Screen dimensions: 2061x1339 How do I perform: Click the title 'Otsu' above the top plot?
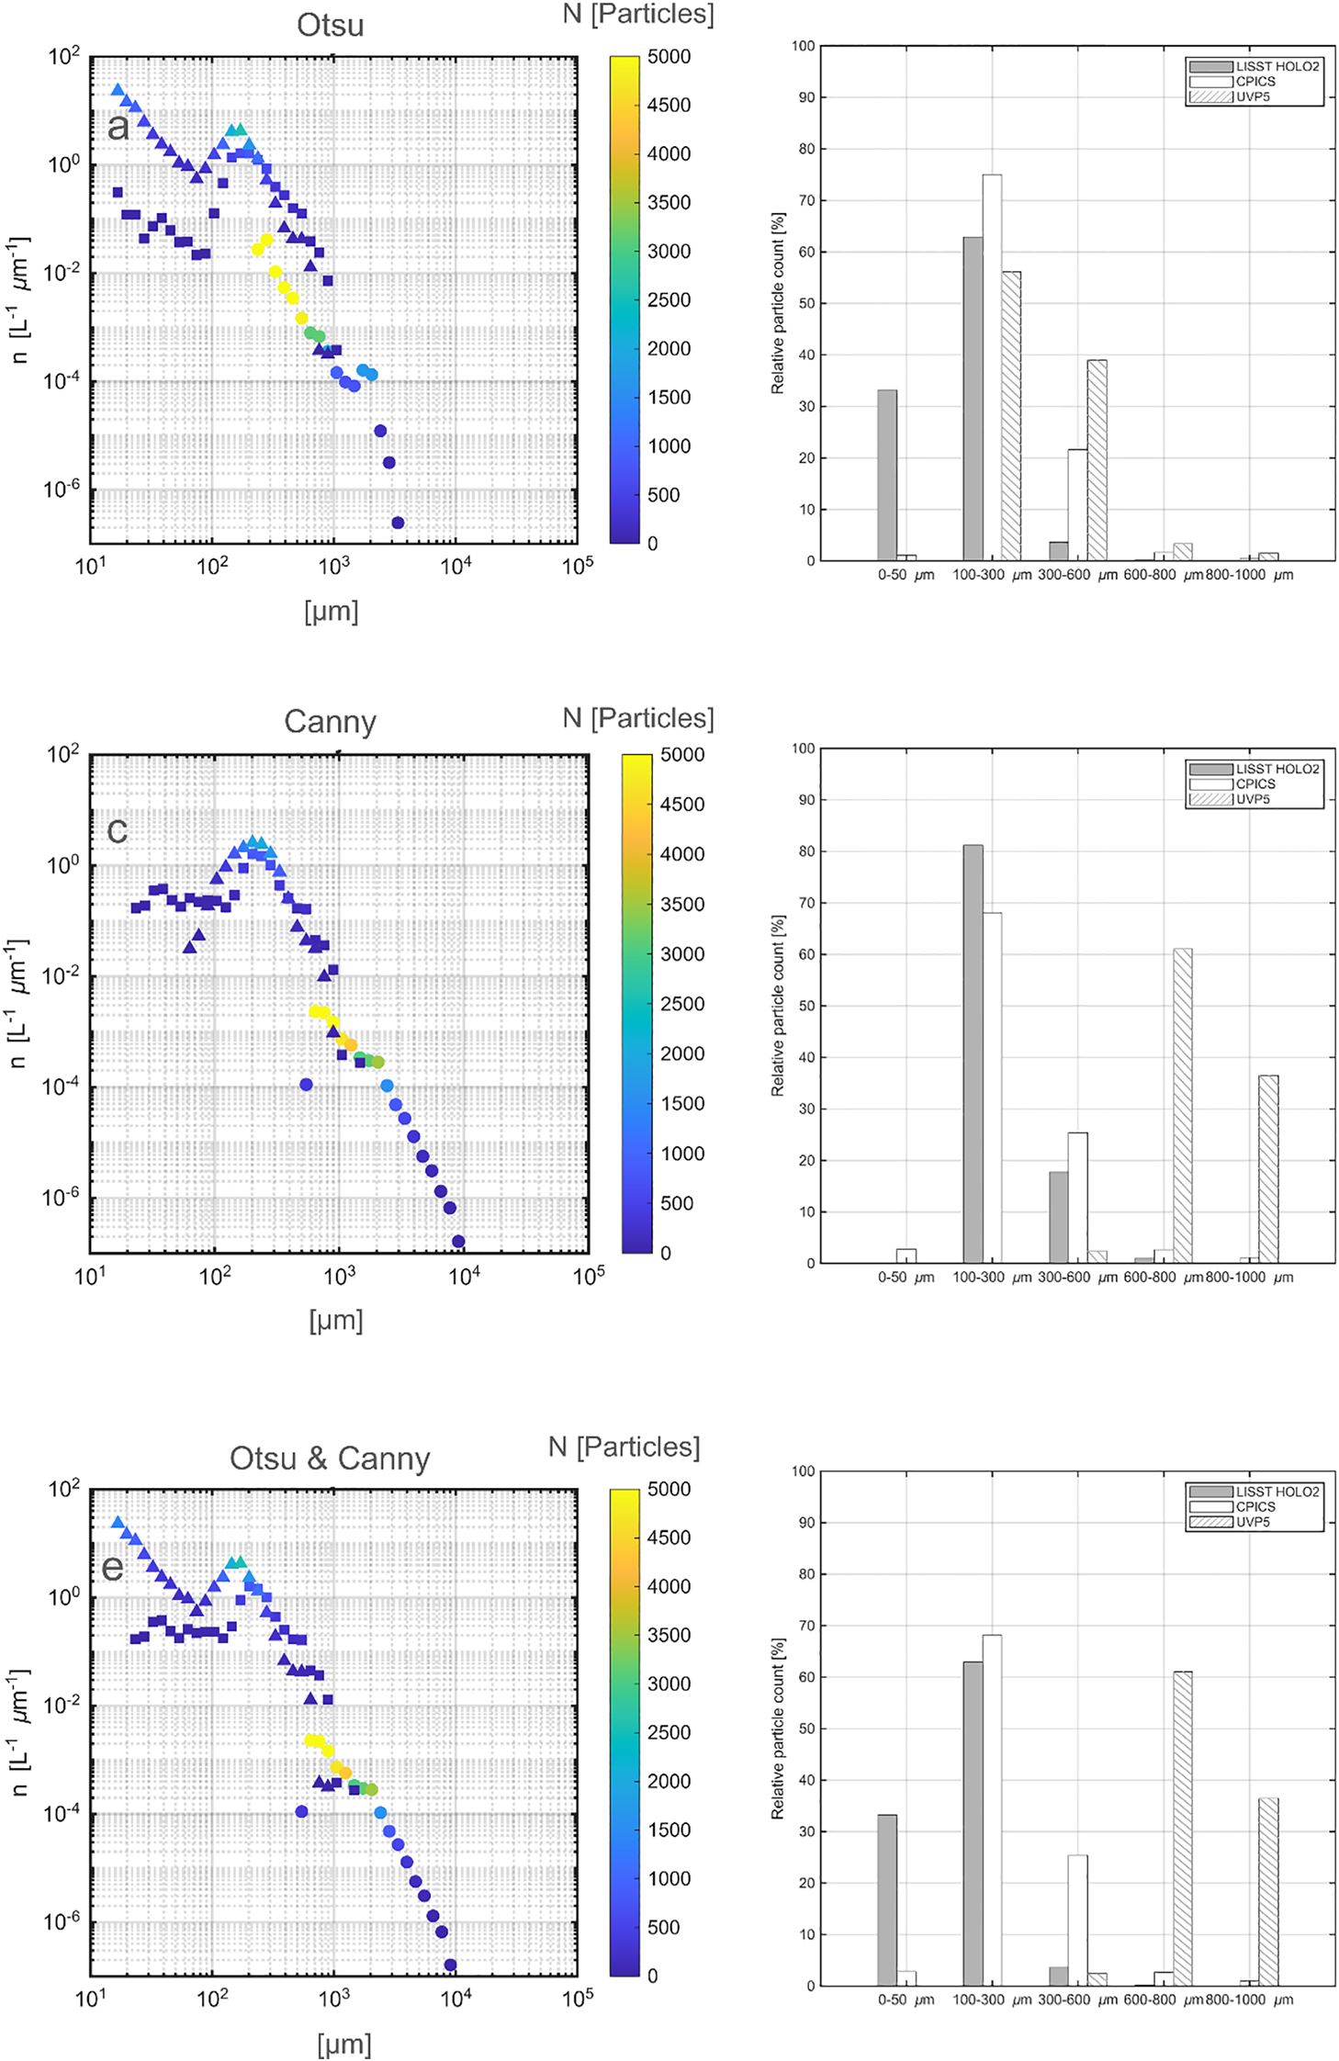330,25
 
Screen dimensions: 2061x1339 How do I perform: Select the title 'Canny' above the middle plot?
330,722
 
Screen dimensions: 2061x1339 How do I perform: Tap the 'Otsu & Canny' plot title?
330,1458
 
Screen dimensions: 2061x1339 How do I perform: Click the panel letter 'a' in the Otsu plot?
118,127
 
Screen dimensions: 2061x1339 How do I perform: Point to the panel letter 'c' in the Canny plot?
117,829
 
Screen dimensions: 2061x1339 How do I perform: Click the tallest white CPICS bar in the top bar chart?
992,367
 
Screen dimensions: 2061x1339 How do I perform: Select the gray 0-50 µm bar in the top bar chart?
887,475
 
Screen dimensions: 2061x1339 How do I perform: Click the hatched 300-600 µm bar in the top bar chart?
1097,459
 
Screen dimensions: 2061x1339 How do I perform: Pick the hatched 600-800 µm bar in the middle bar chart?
1183,1106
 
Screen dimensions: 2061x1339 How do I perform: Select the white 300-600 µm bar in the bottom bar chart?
1077,1920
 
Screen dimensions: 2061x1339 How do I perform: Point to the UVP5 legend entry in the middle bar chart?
1252,799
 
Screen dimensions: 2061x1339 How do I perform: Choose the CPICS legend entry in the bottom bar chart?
1255,1506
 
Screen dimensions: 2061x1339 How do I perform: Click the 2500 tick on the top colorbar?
669,300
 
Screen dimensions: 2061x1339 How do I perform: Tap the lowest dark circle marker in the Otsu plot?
398,523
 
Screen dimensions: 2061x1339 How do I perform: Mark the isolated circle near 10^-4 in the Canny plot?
306,1085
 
